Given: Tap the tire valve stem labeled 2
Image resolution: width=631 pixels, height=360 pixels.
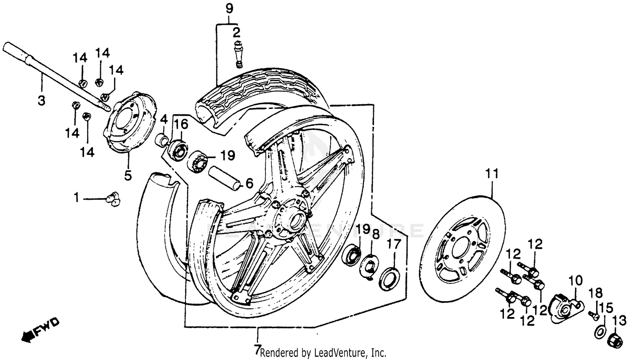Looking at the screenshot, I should (x=238, y=55).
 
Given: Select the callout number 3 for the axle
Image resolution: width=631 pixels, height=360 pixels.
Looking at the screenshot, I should (x=42, y=101).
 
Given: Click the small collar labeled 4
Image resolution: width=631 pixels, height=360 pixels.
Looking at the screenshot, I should (x=162, y=139).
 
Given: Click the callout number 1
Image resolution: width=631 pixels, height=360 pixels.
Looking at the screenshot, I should (x=76, y=197).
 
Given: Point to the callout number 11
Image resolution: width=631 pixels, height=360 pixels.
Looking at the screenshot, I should (x=492, y=173).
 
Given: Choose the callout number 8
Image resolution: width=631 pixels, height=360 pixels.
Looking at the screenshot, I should (x=376, y=234).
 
